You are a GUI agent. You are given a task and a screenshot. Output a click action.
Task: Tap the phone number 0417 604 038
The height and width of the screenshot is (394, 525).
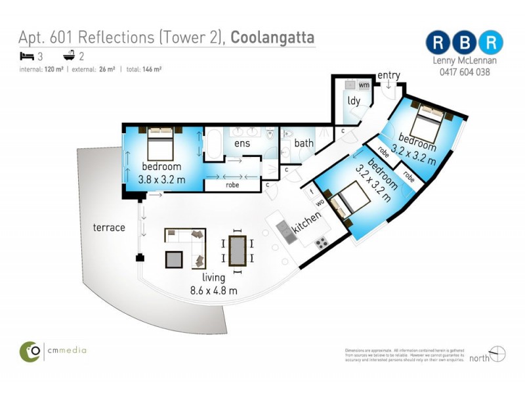(464, 73)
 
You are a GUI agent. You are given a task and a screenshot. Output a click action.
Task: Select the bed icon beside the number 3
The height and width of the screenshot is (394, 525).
(26, 56)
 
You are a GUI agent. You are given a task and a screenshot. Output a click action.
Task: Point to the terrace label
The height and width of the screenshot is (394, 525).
(108, 227)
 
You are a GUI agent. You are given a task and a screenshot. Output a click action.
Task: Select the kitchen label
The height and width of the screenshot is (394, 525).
(306, 223)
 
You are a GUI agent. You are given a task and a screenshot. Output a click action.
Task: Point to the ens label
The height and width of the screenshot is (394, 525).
(234, 143)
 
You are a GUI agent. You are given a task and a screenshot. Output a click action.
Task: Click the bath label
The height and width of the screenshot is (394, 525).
(304, 143)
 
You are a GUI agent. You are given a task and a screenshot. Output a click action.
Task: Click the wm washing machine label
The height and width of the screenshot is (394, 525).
(363, 85)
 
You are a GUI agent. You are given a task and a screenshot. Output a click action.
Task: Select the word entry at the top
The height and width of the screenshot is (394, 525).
(388, 75)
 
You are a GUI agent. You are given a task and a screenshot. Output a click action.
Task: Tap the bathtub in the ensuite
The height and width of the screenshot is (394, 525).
(214, 144)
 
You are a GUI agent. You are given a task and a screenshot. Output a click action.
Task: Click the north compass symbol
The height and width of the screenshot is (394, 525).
(497, 355)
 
